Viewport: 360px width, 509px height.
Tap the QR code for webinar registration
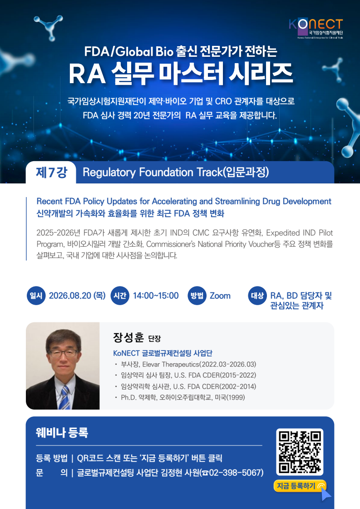pos(300,452)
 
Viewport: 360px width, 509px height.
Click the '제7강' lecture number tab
pos(51,173)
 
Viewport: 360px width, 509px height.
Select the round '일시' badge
pos(36,296)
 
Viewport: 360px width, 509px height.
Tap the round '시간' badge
pos(120,296)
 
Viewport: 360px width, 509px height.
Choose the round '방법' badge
pos(197,296)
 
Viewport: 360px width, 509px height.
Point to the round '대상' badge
pos(257,296)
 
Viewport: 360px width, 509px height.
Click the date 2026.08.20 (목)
pos(77,296)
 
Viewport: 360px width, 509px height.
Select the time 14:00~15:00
pos(156,296)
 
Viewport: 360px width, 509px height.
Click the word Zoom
pos(220,296)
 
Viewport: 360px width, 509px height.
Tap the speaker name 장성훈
pos(128,338)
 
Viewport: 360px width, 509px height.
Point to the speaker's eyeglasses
pos(63,353)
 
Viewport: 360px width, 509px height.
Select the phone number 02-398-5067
pos(236,472)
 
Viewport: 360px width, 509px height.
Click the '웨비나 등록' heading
pos(62,432)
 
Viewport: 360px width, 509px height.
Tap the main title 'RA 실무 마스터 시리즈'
pos(181,73)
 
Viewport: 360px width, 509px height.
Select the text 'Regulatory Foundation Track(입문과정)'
pos(176,173)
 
